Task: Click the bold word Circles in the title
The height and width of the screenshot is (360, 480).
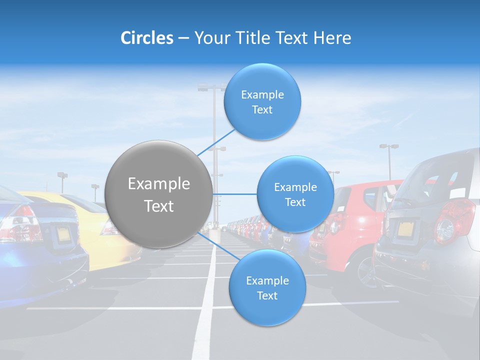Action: pos(146,38)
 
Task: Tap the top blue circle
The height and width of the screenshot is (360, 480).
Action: pos(262,102)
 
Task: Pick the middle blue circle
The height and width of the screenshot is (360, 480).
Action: pos(295,194)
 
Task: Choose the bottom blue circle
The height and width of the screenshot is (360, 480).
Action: pos(267,288)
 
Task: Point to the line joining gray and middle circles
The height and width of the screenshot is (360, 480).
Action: pos(234,194)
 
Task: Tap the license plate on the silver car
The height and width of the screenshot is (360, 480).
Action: pos(406,229)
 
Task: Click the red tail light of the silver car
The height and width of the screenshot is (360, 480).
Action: pos(452,220)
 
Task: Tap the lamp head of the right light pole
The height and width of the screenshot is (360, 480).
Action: pos(388,146)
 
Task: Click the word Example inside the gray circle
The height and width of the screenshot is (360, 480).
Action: pos(158,184)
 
